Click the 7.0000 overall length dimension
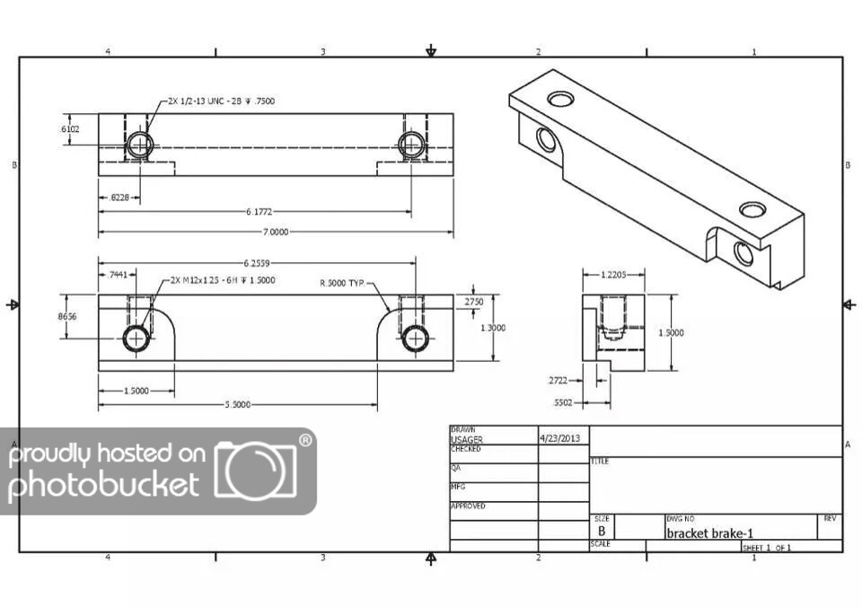(x=276, y=232)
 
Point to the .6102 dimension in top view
(x=69, y=129)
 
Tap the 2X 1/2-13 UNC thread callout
(x=221, y=101)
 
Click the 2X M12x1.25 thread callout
(x=222, y=280)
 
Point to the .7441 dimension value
(x=118, y=275)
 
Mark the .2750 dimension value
(x=473, y=303)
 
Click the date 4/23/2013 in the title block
(x=560, y=439)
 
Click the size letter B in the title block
(x=603, y=531)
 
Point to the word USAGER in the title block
(x=466, y=439)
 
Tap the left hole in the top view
(x=139, y=144)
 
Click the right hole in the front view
(x=414, y=338)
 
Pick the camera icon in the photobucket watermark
(x=255, y=471)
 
